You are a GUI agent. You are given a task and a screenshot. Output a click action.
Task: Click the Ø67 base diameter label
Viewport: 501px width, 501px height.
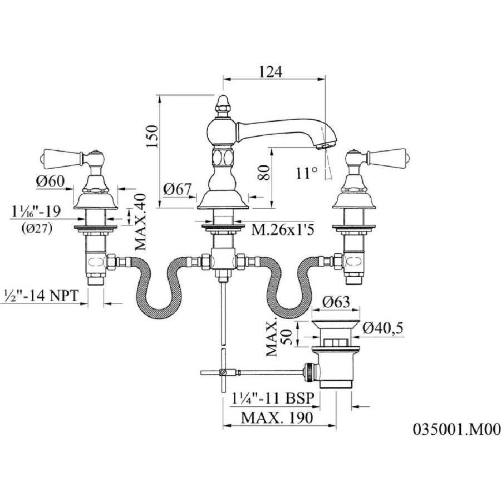[177, 189]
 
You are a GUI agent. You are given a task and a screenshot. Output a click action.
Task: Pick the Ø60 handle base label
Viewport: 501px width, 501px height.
[52, 181]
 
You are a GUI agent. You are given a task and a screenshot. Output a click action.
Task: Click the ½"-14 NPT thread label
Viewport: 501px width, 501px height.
[42, 294]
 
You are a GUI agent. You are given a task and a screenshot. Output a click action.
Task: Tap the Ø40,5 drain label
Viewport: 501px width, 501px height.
[385, 329]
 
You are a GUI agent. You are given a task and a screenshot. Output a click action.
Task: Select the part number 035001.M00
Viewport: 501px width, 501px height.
[456, 430]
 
